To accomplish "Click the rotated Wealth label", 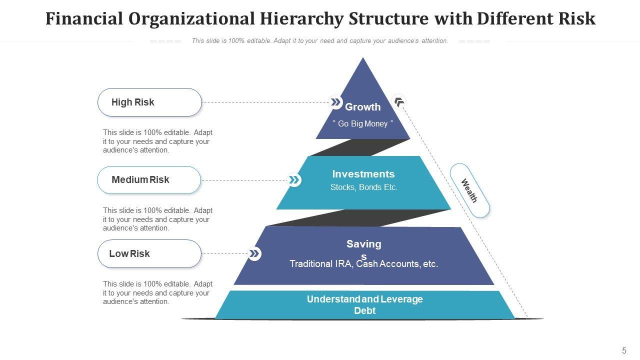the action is tap(469, 190).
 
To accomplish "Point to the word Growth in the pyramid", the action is tap(362, 107).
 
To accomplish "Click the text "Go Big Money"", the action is tap(363, 123).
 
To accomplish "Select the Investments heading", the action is tap(363, 174).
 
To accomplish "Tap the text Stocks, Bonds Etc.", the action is tap(363, 187).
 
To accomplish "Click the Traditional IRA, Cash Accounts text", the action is tap(363, 264).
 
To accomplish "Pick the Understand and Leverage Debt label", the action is tap(364, 304).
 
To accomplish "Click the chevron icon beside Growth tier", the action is tap(335, 102).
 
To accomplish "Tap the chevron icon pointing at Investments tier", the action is tap(294, 180).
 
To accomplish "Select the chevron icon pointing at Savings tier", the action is tap(254, 253).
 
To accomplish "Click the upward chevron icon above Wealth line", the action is tap(399, 102).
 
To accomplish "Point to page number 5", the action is tap(624, 350).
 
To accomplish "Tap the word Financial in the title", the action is tap(84, 18).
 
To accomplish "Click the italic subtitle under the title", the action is tap(319, 41).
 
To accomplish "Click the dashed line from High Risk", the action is tap(265, 102).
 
